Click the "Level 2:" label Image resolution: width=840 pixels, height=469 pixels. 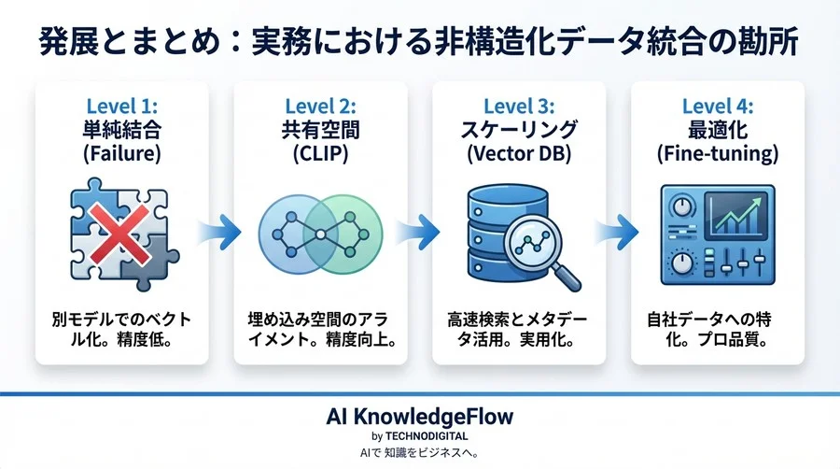point(319,106)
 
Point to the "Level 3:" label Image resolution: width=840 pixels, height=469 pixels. point(520,106)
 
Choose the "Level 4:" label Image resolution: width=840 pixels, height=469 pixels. point(719,106)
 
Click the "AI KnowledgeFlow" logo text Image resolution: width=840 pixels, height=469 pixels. point(420,415)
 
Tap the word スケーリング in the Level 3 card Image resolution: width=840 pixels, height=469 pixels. point(520,130)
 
